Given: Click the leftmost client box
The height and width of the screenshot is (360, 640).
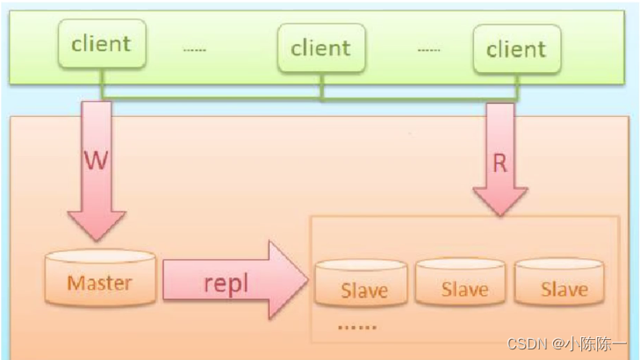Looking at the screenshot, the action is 102,43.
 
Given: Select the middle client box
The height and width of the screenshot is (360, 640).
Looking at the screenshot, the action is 321,47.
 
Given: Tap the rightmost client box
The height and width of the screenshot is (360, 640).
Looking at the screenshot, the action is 517,49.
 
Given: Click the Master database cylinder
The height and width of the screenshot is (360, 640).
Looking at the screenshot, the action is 100,277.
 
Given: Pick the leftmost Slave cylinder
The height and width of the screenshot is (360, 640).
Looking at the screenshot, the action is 361,283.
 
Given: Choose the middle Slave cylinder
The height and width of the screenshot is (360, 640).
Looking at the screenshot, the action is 460,282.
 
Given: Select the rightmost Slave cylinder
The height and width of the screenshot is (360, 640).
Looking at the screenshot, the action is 559,282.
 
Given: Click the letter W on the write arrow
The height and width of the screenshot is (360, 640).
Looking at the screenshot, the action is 97,161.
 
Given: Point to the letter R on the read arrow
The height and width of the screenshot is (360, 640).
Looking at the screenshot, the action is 500,163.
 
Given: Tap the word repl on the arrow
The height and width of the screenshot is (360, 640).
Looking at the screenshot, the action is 226,284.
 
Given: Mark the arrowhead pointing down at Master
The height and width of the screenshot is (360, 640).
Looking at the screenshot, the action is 97,226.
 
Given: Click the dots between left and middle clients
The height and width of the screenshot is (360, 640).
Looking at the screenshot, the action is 195,50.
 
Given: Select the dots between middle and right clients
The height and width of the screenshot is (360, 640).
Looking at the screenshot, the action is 429,50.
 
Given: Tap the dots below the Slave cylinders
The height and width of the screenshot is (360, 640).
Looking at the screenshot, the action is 357,327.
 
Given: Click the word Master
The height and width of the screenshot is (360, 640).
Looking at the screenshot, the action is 99,283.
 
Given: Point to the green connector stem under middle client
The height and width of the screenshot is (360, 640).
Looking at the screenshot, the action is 322,86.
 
